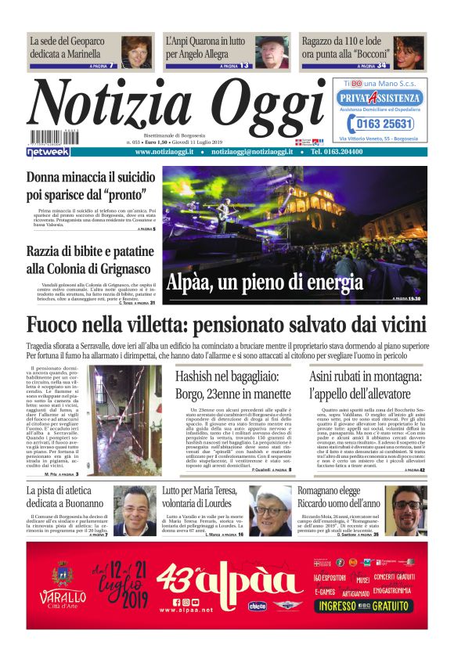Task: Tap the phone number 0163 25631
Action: point(380,124)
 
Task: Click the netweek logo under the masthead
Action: point(48,152)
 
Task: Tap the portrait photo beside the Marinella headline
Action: point(136,52)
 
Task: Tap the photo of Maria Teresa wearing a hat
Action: point(292,510)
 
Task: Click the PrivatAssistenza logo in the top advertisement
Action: point(380,98)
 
